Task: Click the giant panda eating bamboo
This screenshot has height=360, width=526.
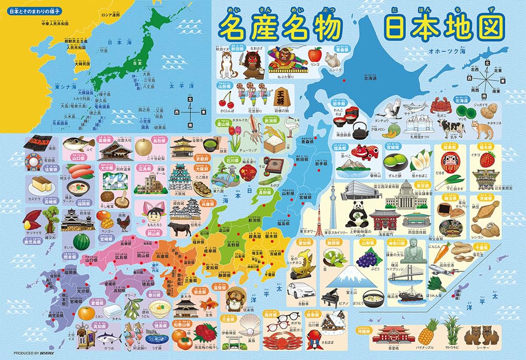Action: [x=360, y=214]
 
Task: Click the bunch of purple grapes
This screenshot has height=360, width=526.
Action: [x=367, y=257]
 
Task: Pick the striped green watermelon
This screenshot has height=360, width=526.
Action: [x=80, y=242]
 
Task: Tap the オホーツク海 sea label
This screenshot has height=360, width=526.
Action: [x=433, y=52]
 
